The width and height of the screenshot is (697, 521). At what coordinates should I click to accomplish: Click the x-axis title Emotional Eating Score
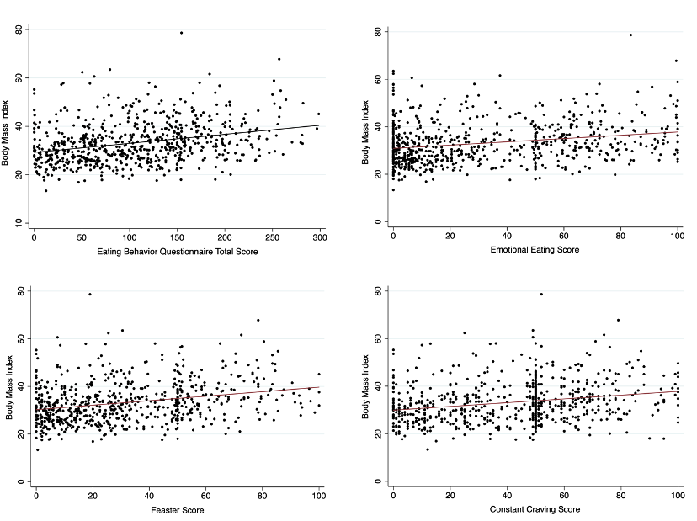pyautogui.click(x=534, y=250)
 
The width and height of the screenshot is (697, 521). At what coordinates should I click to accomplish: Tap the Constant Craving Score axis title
pyautogui.click(x=534, y=510)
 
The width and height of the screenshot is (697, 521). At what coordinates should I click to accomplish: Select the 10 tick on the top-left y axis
pyautogui.click(x=19, y=222)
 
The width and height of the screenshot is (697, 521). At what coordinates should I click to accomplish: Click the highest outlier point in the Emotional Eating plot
pyautogui.click(x=630, y=35)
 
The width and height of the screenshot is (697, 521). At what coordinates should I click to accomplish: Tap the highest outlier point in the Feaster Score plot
pyautogui.click(x=90, y=294)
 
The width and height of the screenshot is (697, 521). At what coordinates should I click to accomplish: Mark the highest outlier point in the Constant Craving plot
pyautogui.click(x=541, y=294)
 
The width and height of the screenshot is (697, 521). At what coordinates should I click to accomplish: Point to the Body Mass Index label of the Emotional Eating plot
pyautogui.click(x=365, y=126)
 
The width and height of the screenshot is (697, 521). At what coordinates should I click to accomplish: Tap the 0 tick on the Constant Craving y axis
pyautogui.click(x=380, y=481)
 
